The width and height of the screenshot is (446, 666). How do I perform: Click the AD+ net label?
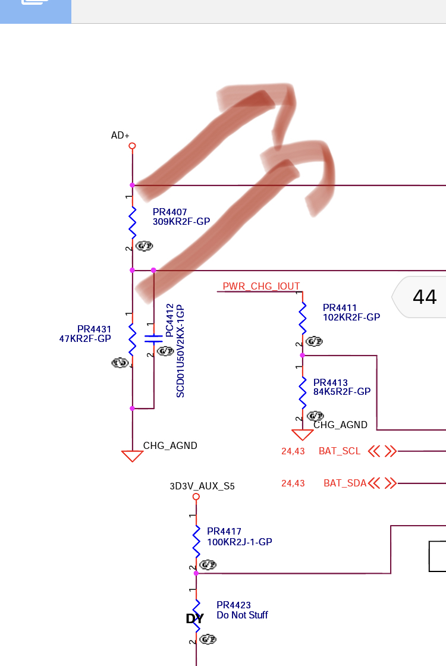tap(120, 136)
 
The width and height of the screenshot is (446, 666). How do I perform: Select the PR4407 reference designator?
tap(169, 212)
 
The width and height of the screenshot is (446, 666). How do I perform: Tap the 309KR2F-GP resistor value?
tap(181, 222)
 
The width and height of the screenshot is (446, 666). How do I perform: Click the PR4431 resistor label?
tap(94, 329)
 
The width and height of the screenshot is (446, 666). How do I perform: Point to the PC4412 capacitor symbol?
tap(153, 339)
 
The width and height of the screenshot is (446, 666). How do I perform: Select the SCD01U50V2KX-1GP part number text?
tap(180, 351)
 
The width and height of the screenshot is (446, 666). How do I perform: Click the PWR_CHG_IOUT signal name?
tap(261, 287)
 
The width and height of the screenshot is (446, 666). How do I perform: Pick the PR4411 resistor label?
tap(340, 307)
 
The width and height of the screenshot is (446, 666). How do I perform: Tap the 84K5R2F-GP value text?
tap(342, 392)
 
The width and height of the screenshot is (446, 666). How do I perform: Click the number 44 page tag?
tap(425, 297)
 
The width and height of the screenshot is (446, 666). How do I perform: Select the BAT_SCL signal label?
tap(340, 451)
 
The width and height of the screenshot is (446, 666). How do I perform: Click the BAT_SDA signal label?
tap(345, 483)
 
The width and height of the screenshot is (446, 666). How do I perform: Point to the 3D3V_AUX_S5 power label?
tap(202, 486)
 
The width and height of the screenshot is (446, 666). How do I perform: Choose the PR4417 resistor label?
tap(224, 532)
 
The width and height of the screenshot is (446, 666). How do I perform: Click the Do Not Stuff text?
tap(242, 615)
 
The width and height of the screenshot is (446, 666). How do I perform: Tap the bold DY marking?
tap(194, 619)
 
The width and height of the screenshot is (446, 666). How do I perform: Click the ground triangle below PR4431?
tap(132, 456)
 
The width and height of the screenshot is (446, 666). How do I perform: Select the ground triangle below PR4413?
tap(302, 435)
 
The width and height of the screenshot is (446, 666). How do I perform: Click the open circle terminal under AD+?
tap(132, 146)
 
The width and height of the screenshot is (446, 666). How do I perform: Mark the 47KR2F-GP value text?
tap(85, 339)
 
